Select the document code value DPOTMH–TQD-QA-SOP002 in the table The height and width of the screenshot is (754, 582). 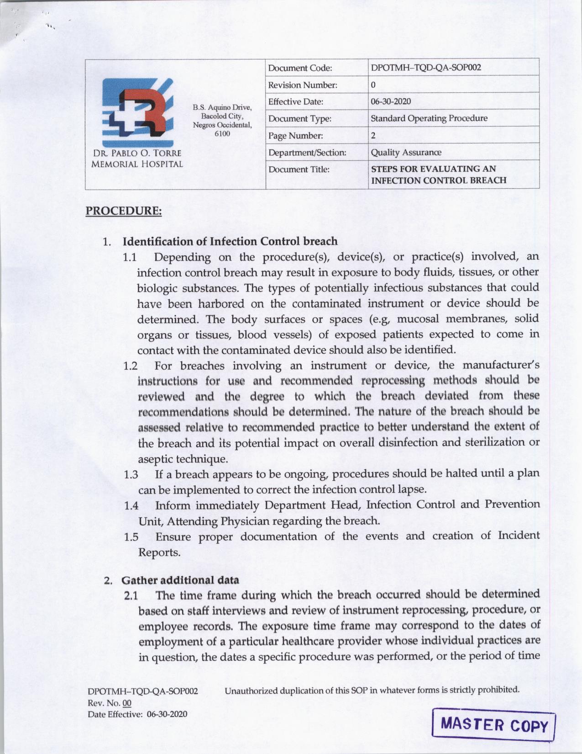[426, 68]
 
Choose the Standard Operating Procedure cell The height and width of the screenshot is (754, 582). [429, 118]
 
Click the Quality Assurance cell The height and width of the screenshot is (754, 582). [406, 152]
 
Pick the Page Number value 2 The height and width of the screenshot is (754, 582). [373, 135]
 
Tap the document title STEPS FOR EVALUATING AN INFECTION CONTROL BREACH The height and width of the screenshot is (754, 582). [438, 175]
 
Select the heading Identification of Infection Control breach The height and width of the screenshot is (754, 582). [230, 241]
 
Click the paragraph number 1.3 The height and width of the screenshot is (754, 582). [131, 474]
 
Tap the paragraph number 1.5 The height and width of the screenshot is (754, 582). [131, 537]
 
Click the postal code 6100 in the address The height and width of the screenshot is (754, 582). [222, 133]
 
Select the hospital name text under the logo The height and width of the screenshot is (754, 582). [137, 158]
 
